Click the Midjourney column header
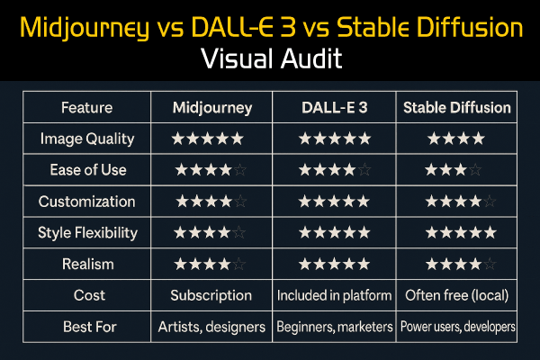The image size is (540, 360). tap(212, 108)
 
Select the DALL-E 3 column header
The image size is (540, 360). tap(334, 108)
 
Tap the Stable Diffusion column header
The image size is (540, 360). tap(456, 108)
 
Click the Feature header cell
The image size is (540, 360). tap(87, 108)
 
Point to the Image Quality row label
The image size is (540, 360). tap(87, 139)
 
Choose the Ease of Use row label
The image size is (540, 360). tap(87, 170)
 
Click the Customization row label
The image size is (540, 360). tap(87, 202)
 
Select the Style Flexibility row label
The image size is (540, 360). tap(87, 233)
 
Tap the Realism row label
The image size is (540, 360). tap(87, 265)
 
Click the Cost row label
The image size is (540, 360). tap(87, 295)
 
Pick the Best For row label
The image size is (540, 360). tap(87, 327)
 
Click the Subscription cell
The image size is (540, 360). tap(212, 295)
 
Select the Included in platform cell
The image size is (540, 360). tap(334, 295)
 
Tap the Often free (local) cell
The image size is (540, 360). tap(456, 295)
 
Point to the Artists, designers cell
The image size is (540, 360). tap(212, 327)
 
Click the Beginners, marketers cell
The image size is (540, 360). tap(334, 327)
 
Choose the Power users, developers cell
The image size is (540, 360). tap(457, 327)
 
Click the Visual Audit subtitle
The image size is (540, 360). tap(270, 60)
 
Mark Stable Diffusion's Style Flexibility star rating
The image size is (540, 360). tap(460, 233)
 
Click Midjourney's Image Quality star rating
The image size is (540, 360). tap(208, 139)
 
